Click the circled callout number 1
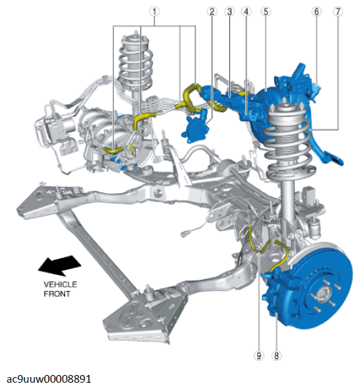click(154, 12)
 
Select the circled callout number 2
click(212, 12)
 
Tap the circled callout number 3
click(229, 12)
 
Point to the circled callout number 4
click(246, 12)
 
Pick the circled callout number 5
click(266, 12)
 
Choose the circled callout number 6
click(317, 12)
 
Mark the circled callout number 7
click(338, 12)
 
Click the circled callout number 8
click(276, 355)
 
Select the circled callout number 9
click(259, 355)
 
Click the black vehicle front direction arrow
click(59, 265)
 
